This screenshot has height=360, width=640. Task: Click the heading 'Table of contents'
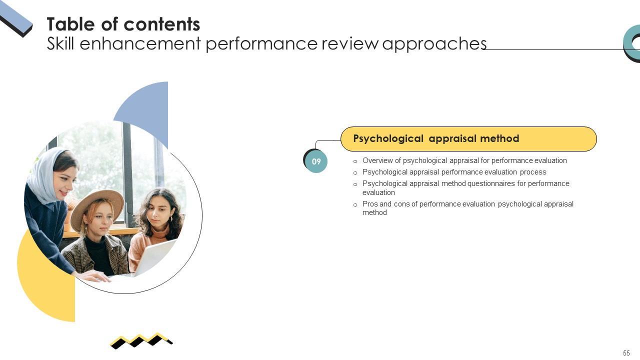(x=123, y=24)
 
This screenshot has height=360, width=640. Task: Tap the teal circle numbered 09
(x=316, y=161)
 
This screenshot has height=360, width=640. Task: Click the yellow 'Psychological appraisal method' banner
(x=468, y=138)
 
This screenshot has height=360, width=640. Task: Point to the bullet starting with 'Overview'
(x=464, y=160)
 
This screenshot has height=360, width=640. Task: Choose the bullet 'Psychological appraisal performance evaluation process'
(x=454, y=172)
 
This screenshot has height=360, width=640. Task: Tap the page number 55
(x=626, y=353)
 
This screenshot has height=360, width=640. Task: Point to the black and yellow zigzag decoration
(x=141, y=340)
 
